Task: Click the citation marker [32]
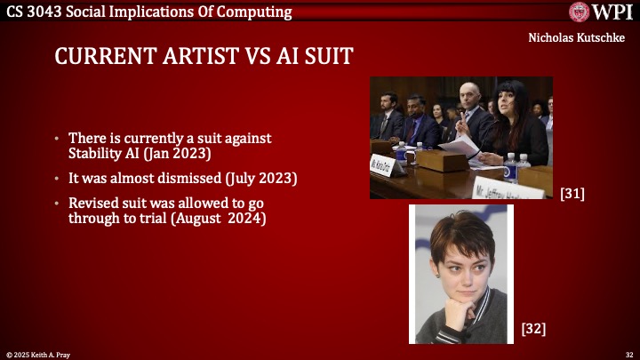(533, 330)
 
